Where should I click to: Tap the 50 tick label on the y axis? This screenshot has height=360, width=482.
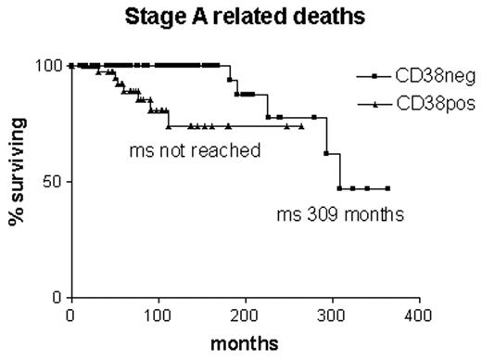tap(52, 181)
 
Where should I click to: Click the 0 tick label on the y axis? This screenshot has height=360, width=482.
tap(57, 297)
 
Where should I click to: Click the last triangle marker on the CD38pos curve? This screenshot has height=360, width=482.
tap(301, 126)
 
